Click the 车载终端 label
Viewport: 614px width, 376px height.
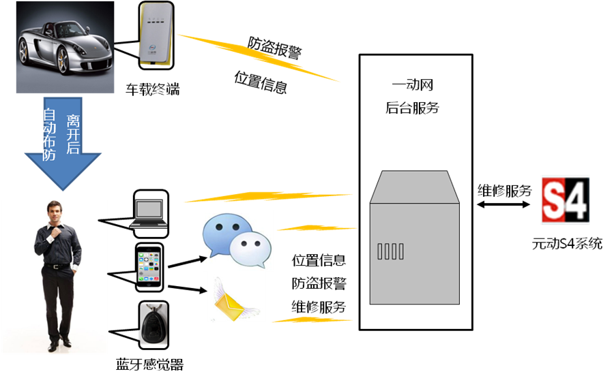coord(152,89)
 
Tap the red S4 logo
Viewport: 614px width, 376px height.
coord(565,200)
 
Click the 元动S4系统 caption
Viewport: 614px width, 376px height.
coord(568,243)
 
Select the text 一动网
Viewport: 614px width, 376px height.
coord(413,86)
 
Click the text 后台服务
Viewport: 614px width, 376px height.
coord(412,108)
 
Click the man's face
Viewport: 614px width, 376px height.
coord(55,213)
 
